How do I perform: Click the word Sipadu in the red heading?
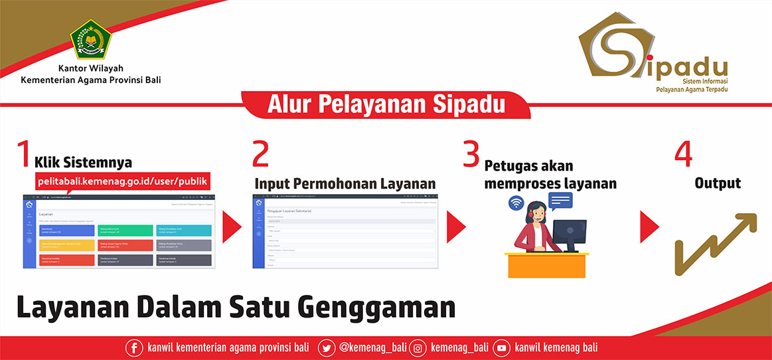pos(469,105)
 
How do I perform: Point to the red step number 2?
pos(261,154)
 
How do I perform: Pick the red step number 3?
pos(471,154)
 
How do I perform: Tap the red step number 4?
pos(683,154)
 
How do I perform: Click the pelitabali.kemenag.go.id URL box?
pos(123,181)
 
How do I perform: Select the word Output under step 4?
pos(718,183)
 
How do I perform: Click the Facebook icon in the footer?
pos(133,347)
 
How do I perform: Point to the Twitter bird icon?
pos(326,347)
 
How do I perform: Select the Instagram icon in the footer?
pos(418,347)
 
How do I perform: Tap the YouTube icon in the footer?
pos(502,347)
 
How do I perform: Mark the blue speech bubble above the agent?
pos(560,199)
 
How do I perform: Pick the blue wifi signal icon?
pos(516,204)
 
